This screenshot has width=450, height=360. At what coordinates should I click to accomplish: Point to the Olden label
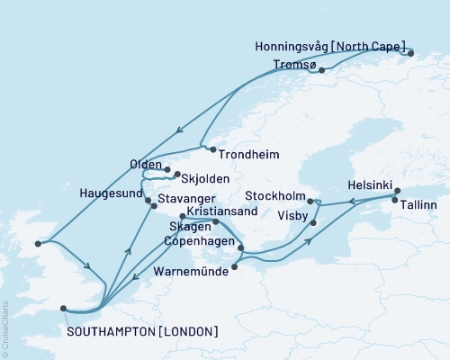click(x=147, y=166)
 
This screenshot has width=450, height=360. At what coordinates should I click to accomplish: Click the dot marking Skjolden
click(x=177, y=174)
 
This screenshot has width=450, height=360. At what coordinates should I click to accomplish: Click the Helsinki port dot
click(x=397, y=191)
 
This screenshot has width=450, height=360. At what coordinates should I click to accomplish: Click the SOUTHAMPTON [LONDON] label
click(x=142, y=331)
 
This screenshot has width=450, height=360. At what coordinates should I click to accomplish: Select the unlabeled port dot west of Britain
click(x=38, y=243)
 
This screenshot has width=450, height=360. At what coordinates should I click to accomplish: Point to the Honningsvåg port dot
click(x=410, y=53)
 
